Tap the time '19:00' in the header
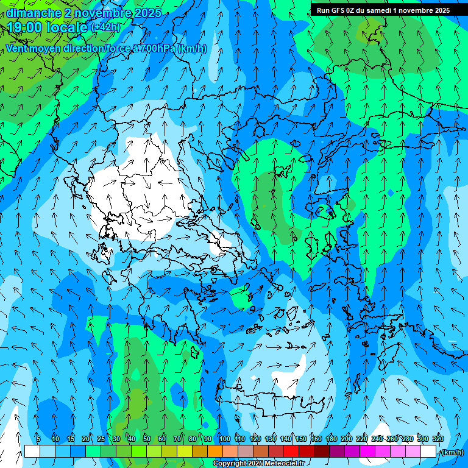[23, 27]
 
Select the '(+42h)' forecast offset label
[105, 27]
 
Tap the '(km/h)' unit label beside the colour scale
[452, 452]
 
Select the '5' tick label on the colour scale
[38, 439]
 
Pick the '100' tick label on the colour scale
[225, 439]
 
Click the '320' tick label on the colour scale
[438, 439]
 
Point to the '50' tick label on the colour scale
[146, 439]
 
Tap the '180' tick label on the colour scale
[331, 439]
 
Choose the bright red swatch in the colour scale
[291, 452]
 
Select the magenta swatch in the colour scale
[367, 452]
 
